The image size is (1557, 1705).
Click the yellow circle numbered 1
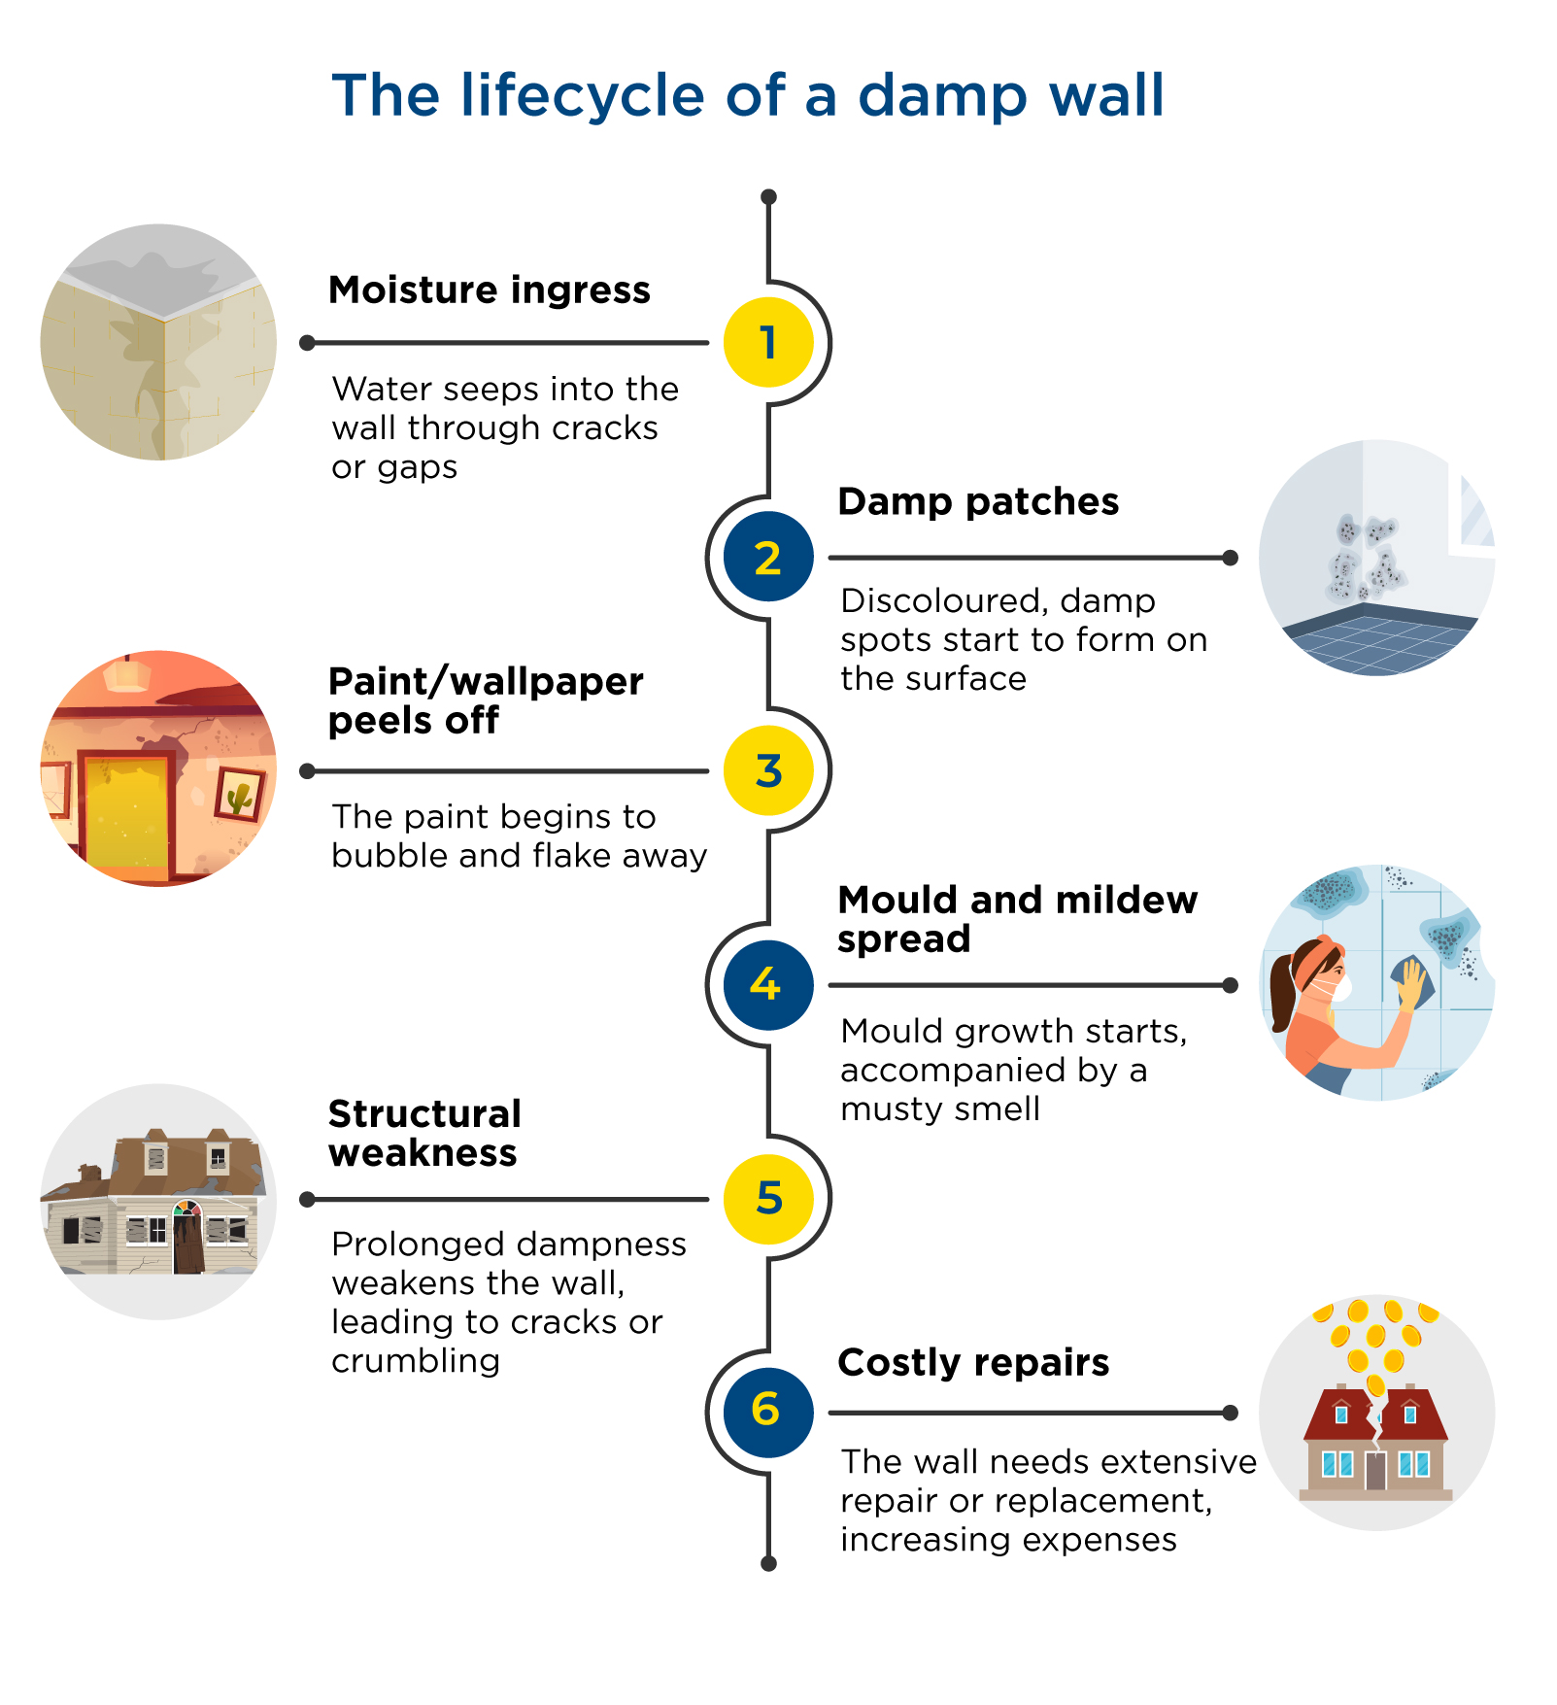tap(768, 343)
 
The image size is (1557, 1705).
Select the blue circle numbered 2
tap(768, 558)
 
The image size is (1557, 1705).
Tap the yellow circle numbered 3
tap(768, 771)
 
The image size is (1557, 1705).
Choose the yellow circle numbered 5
tap(768, 1199)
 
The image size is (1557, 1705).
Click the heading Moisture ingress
tap(489, 290)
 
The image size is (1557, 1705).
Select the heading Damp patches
tap(977, 502)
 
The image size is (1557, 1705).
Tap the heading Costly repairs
tap(972, 1363)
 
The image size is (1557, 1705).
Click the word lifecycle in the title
tap(583, 96)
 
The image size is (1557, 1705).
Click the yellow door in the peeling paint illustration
tap(126, 811)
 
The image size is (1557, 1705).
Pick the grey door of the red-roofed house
tap(1374, 1471)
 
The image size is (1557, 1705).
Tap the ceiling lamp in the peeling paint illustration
tap(127, 674)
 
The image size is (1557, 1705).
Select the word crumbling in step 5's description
tap(416, 1361)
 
